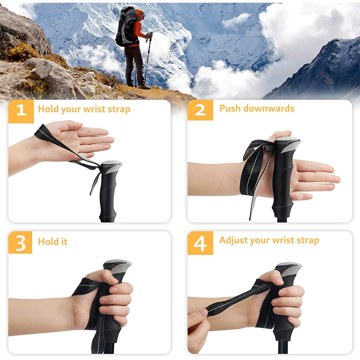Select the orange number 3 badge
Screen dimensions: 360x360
(x=21, y=243)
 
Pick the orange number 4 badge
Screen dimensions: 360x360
(x=200, y=243)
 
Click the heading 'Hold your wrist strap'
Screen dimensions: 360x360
(x=84, y=109)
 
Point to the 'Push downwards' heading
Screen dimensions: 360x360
(x=256, y=108)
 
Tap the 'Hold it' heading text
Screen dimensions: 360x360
(x=52, y=241)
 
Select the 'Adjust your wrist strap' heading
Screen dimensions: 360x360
(x=269, y=240)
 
